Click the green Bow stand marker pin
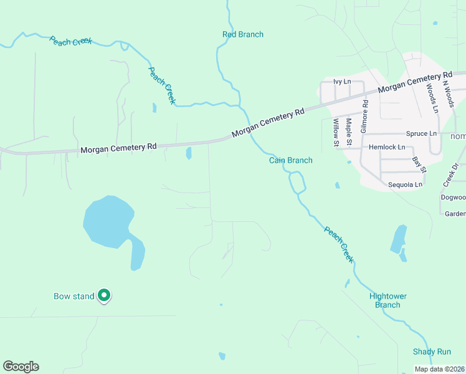(x=105, y=295)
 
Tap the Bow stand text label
(x=74, y=296)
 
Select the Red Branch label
(x=243, y=34)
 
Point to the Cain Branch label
(x=290, y=160)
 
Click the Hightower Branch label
(x=388, y=300)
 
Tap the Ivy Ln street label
(x=342, y=82)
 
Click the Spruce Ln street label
(x=421, y=133)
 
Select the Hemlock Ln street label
(x=387, y=147)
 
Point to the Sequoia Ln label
(x=405, y=185)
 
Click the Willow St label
(x=336, y=132)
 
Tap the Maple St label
(x=349, y=132)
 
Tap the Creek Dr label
(x=450, y=175)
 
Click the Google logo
(x=21, y=367)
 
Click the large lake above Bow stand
(x=107, y=221)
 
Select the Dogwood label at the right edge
(x=453, y=198)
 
